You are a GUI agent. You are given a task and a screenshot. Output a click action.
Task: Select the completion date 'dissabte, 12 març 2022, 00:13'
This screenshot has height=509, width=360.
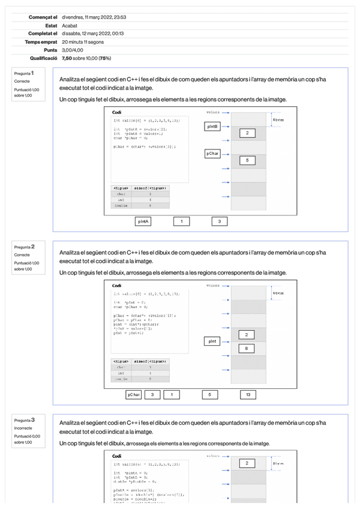[x=91, y=34]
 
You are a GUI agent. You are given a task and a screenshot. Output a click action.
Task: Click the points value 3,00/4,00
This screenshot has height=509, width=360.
[x=73, y=50]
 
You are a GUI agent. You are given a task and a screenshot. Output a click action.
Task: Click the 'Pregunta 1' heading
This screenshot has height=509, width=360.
[x=24, y=73]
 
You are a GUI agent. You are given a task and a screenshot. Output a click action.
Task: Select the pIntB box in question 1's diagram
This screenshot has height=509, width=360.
[x=213, y=127]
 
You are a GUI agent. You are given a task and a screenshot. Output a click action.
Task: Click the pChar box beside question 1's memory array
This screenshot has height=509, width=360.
[x=213, y=154]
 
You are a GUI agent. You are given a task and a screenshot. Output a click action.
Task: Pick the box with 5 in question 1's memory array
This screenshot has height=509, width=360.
[x=247, y=160]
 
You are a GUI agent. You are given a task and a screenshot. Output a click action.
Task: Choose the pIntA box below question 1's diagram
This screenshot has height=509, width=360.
[x=143, y=221]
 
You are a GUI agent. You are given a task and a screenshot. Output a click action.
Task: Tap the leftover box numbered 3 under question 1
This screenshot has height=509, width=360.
[x=220, y=221]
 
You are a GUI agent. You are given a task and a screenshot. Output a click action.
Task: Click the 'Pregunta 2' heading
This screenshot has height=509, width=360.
[x=25, y=247]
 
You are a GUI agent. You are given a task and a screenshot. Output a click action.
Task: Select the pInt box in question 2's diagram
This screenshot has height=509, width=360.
[x=212, y=341]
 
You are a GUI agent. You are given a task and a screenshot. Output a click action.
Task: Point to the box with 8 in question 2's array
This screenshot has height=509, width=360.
[x=247, y=348]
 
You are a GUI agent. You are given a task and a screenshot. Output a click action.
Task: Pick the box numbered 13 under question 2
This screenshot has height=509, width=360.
[x=248, y=395]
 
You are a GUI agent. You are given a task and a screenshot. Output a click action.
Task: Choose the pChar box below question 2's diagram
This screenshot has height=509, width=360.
[x=133, y=395]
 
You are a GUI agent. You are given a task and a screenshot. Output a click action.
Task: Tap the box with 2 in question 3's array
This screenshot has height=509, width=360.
[x=247, y=463]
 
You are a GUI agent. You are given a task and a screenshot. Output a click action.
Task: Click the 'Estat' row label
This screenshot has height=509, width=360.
[x=51, y=26]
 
